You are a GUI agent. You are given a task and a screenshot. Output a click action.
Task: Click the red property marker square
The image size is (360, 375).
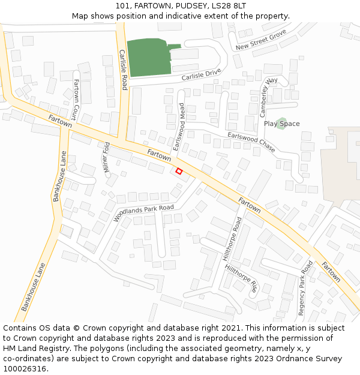[x=179, y=171]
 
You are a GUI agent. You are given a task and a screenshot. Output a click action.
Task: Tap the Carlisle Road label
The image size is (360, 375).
[x=123, y=70]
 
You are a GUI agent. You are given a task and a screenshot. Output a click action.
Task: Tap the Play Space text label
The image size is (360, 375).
[x=281, y=124]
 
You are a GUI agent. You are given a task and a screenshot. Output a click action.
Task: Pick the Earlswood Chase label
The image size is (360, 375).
[x=251, y=142]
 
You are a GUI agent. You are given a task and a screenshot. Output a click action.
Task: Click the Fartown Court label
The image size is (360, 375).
[x=76, y=98]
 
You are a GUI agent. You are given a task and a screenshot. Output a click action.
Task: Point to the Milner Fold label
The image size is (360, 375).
[x=107, y=158]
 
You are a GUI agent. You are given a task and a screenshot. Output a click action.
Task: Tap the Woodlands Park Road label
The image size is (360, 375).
[x=143, y=213]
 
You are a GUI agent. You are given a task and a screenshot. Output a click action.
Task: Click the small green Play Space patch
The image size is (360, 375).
[x=281, y=120]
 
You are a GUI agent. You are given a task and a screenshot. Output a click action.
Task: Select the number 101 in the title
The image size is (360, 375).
[x=123, y=6]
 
